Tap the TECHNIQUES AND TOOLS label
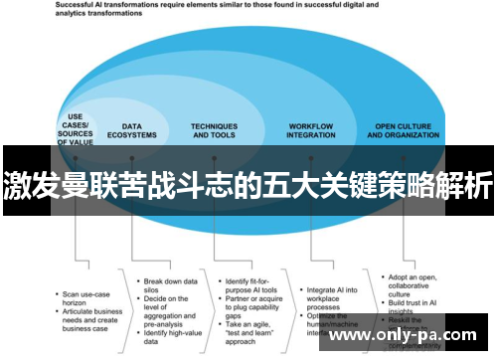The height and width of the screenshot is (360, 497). tap(215, 130)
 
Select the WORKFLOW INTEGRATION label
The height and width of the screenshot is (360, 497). tap(311, 130)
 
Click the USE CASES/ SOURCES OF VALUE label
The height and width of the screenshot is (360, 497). tap(76, 128)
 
